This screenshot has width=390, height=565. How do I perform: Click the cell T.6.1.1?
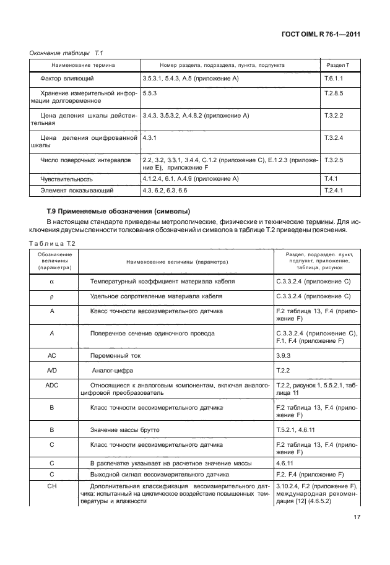pos(334,79)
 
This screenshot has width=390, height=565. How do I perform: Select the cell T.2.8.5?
pos(334,92)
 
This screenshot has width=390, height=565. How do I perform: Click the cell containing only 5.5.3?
pos(149,92)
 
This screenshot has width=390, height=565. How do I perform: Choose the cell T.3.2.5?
pos(334,160)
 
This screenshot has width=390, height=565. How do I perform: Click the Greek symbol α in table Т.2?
pos(52,282)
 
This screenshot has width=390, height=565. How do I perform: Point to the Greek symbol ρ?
pos(52,296)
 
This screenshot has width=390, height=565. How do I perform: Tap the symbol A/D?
pos(52,370)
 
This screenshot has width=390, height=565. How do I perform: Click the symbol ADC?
pos(52,384)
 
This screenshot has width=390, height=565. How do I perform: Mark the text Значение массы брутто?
pos(124,428)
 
